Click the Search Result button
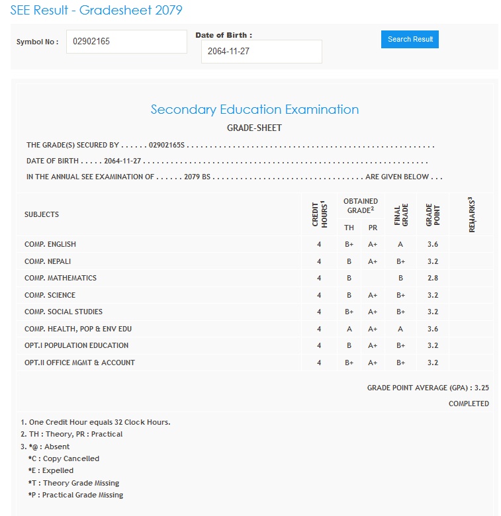[x=410, y=39]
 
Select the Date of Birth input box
[x=261, y=52]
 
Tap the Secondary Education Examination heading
[x=255, y=110]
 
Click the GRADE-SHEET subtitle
[x=254, y=128]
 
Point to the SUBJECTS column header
[x=42, y=214]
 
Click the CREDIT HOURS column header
[x=319, y=214]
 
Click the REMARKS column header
[x=472, y=214]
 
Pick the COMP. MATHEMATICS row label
[x=60, y=279]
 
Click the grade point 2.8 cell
[x=433, y=279]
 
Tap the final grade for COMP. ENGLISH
[x=400, y=245]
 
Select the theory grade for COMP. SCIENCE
[x=349, y=296]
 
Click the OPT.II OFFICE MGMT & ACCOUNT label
[x=79, y=363]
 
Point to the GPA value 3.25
[x=482, y=388]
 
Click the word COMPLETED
[x=469, y=404]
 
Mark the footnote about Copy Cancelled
[x=64, y=458]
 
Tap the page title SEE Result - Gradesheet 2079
[x=97, y=11]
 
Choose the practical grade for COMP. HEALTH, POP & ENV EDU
[x=373, y=329]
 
